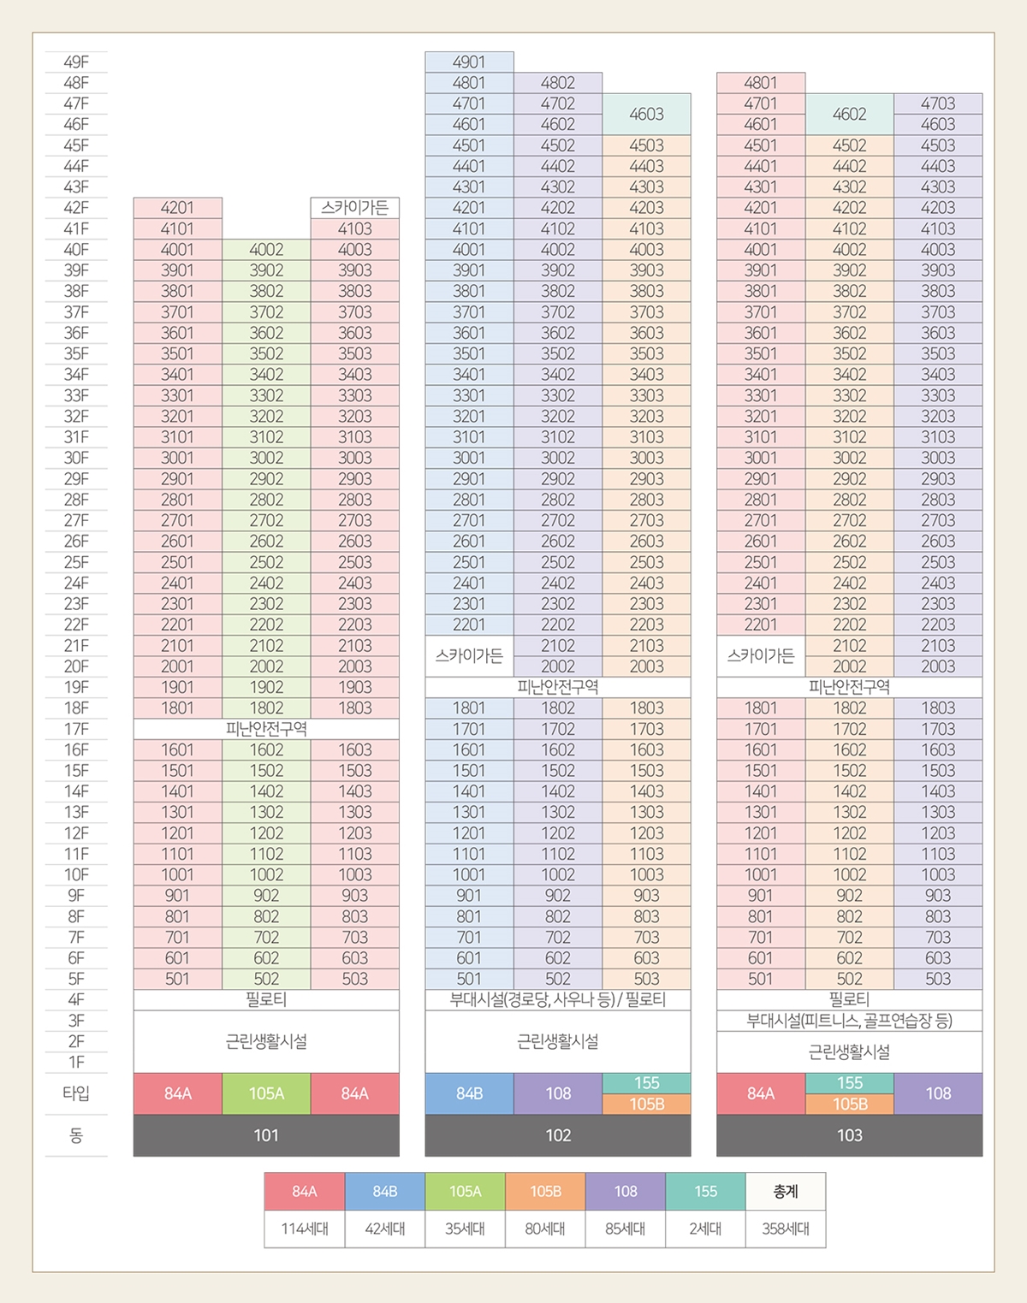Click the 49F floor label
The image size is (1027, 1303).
[76, 62]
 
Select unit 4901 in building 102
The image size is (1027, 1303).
[469, 62]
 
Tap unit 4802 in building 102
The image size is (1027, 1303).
[558, 83]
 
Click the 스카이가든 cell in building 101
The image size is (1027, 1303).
[354, 208]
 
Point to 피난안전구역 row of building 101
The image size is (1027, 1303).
[266, 729]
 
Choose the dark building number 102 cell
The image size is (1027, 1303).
[558, 1135]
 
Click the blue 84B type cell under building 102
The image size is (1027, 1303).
[469, 1093]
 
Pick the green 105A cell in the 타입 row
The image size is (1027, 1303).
[266, 1093]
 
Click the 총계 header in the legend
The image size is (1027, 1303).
[786, 1191]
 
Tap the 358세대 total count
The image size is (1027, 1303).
[786, 1229]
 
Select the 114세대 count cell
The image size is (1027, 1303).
[305, 1229]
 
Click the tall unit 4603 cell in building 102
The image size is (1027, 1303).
[646, 114]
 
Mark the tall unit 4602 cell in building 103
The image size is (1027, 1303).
[849, 114]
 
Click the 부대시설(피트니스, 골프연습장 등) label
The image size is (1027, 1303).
[849, 1021]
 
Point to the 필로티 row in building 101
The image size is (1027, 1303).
[266, 999]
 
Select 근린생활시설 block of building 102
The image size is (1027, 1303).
[558, 1041]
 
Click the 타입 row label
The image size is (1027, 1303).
[76, 1093]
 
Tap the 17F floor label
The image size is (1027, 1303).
[76, 729]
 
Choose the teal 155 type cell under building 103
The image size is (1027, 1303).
[849, 1083]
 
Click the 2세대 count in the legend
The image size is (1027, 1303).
[705, 1229]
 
